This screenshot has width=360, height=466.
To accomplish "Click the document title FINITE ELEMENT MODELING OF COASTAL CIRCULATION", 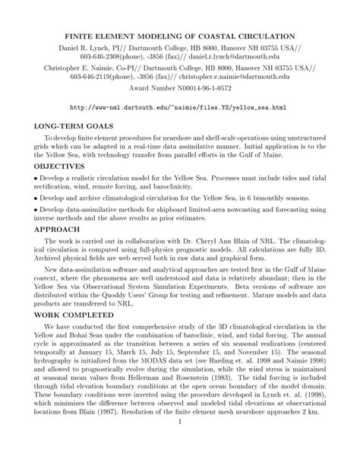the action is [179, 36].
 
